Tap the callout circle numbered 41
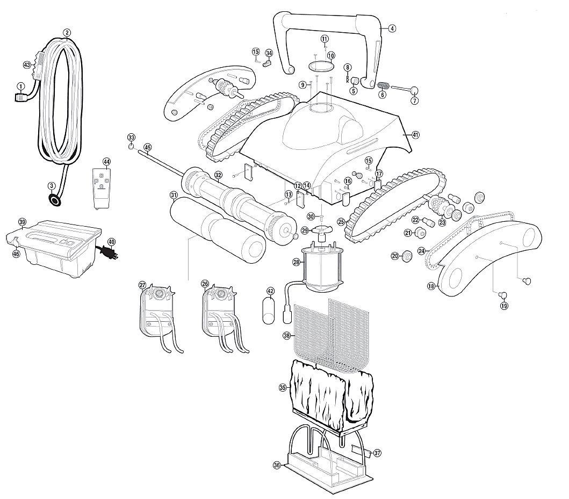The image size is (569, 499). pos(415,135)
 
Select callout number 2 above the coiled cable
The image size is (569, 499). pos(67,32)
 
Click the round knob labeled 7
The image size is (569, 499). pos(416,90)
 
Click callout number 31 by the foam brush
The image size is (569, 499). pos(173,194)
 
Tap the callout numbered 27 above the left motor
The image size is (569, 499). pos(142,285)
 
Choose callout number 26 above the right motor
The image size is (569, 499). pos(205,284)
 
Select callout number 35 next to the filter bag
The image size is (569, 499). pos(283,387)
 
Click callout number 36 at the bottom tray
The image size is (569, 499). pos(277,465)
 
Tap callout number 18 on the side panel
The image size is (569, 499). pos(431,286)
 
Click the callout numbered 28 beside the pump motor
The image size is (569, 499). pos(296,262)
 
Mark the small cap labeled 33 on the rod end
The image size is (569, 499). pos(131,147)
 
